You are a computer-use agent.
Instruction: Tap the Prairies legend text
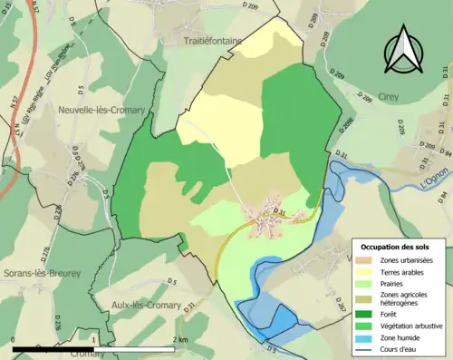(x=397, y=285)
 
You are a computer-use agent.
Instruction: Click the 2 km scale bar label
(x=181, y=339)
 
